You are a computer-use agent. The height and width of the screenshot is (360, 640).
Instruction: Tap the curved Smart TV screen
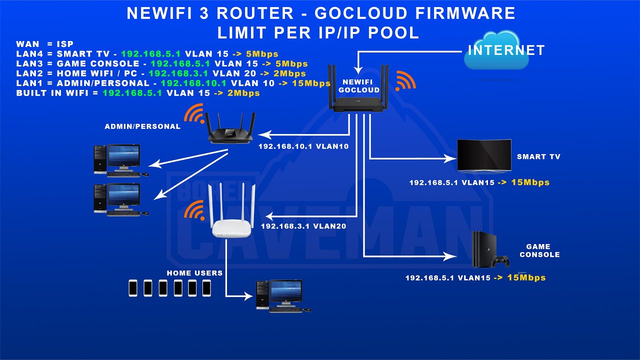[x=484, y=156]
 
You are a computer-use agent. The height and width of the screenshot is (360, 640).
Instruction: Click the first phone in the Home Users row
[x=133, y=287]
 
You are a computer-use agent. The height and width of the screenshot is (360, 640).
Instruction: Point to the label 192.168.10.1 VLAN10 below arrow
[x=303, y=147]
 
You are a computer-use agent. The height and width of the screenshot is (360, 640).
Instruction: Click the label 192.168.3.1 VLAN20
[x=303, y=226]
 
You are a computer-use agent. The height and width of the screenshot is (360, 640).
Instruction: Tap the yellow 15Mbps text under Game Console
[x=526, y=277]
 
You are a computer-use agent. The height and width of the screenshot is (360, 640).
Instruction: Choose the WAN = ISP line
[x=44, y=44]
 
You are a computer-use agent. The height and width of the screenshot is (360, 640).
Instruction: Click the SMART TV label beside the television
[x=538, y=156]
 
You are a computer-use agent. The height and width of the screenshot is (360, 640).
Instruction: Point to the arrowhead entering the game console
[x=452, y=256]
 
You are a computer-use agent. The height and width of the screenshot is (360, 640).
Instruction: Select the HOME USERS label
[x=194, y=273]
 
